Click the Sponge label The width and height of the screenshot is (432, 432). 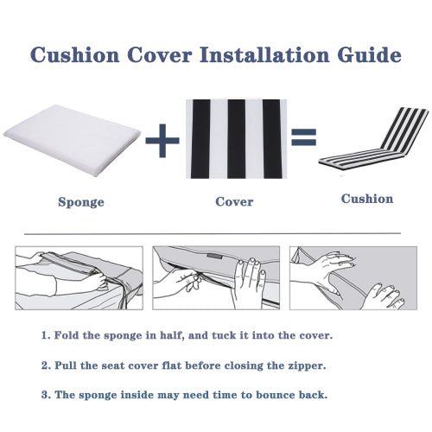coord(81,202)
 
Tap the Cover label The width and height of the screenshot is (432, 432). coord(234,202)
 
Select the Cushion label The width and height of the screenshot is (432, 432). coord(366,199)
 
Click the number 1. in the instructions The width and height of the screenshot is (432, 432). coord(46,334)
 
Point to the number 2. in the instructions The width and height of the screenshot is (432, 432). coord(46,365)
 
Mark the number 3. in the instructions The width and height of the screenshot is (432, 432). coord(46,396)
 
